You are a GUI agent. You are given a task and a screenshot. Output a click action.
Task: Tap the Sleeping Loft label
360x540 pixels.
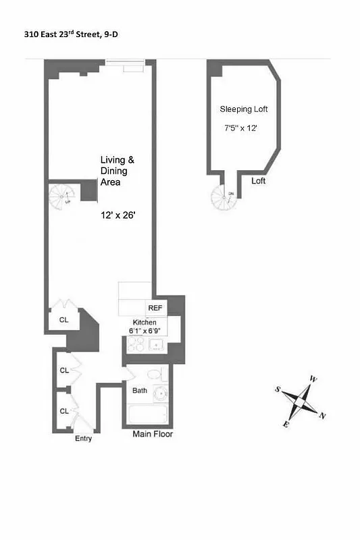[242, 109]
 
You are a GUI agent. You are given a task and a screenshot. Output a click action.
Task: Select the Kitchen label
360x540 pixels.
[144, 323]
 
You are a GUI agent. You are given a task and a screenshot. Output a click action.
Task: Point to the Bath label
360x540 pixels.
[140, 391]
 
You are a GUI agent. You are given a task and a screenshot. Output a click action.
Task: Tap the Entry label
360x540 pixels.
[84, 439]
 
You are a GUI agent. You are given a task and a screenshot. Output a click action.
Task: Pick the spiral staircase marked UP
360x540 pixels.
[61, 197]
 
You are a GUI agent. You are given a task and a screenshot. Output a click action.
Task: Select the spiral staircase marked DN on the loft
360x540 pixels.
[224, 196]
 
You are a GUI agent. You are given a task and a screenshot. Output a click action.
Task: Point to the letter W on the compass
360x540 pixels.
[313, 379]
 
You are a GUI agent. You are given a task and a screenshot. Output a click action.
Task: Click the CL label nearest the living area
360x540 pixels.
[63, 320]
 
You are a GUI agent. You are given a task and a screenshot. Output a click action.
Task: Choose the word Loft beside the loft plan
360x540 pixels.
[259, 181]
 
